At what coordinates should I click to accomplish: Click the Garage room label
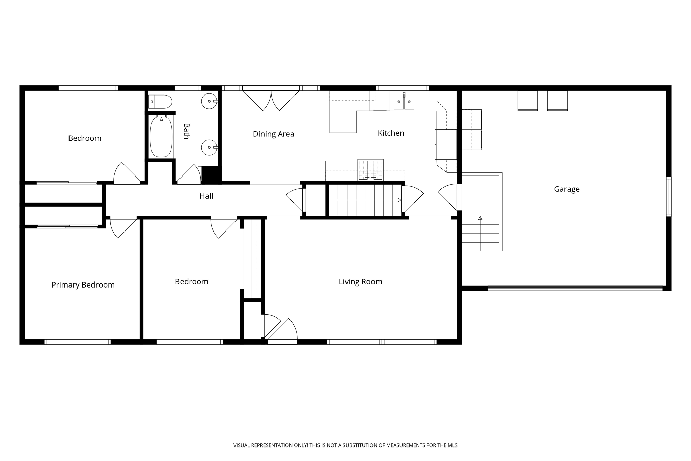point(566,189)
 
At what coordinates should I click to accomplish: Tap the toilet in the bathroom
point(161,101)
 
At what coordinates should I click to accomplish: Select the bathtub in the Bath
point(161,136)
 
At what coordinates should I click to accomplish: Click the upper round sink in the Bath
point(209,101)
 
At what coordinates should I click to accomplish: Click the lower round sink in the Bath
point(209,147)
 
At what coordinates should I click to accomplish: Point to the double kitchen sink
point(404,101)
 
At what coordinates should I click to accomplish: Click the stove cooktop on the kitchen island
point(370,170)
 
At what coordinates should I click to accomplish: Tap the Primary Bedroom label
point(83,285)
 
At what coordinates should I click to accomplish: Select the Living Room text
point(360,282)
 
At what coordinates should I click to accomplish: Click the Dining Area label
point(273,134)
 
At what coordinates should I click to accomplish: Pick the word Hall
point(206,196)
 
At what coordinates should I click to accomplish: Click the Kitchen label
point(391,133)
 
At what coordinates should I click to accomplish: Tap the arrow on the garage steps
point(480,218)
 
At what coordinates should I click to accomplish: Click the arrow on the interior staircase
point(399,200)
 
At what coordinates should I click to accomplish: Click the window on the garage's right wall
point(668,196)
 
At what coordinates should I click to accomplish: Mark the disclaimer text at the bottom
point(345,445)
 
